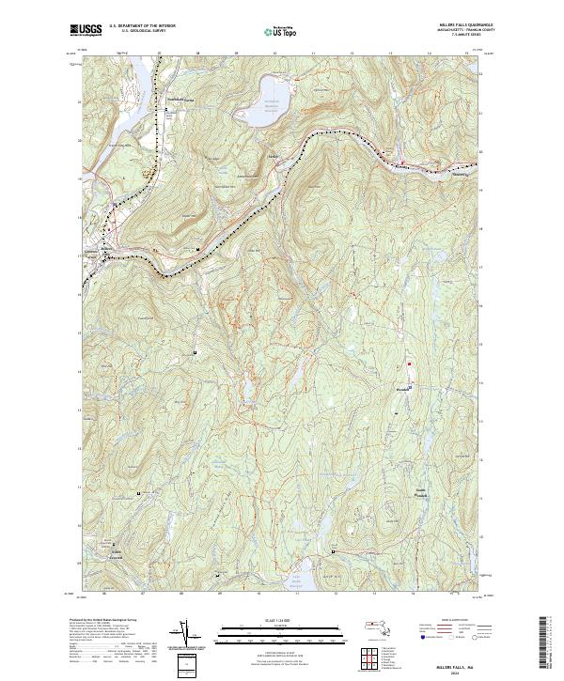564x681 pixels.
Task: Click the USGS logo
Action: click(85, 30)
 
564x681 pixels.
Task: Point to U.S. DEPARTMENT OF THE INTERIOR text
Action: click(142, 25)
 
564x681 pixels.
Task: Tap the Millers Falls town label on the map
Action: click(94, 253)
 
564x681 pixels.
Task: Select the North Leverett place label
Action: click(113, 552)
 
